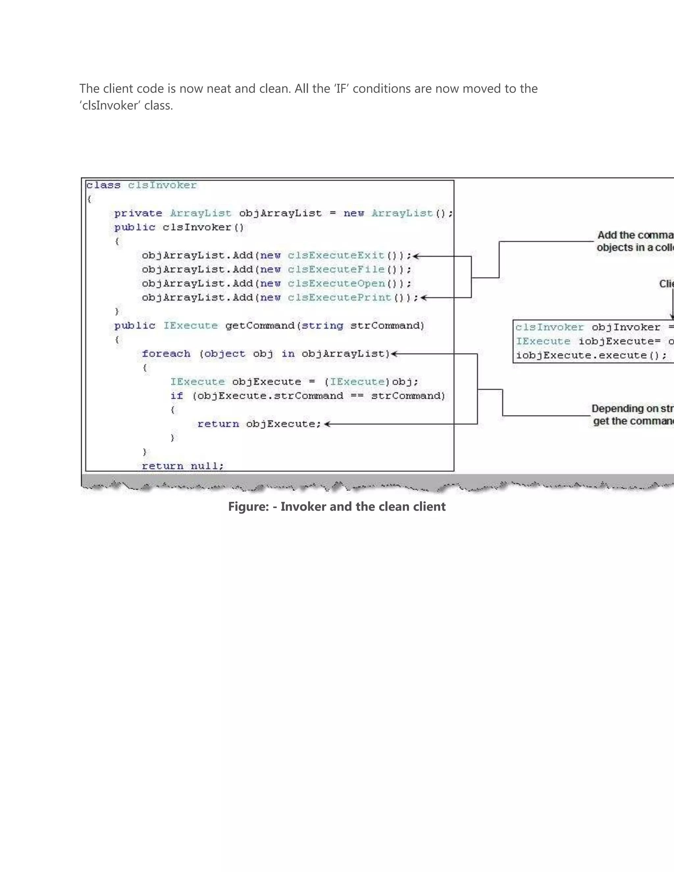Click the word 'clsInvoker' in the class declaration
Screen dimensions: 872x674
pos(162,185)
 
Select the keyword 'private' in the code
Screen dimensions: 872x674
pos(138,213)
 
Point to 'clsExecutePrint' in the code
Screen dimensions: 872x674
pos(339,297)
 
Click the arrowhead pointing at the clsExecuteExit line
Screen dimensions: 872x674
pos(416,256)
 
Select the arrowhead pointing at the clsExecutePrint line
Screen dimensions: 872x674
pos(424,297)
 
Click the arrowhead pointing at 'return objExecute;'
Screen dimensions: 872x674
pos(327,424)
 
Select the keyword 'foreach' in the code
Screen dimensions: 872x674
pos(166,354)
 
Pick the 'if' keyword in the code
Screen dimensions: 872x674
pos(176,396)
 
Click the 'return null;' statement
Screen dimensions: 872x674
pos(183,466)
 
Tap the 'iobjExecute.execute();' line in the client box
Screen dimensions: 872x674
pos(591,355)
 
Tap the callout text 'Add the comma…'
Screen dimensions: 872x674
pos(635,236)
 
